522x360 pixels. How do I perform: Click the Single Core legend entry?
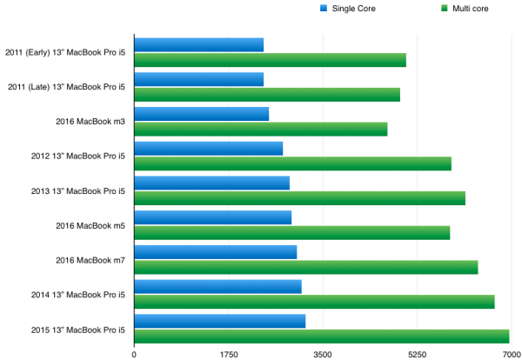coord(348,9)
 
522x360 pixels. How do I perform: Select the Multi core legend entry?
coord(465,9)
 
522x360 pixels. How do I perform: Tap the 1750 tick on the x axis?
coord(229,355)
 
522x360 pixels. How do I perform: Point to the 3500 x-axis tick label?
coord(323,355)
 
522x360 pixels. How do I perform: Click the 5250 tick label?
coord(417,355)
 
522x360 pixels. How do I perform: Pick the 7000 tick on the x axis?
coord(512,355)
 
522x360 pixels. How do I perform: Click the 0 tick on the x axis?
coord(134,355)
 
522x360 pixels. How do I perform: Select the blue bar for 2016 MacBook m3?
coord(202,114)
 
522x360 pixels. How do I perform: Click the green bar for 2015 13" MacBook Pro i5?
coord(322,337)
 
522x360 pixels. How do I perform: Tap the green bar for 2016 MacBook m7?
coord(306,267)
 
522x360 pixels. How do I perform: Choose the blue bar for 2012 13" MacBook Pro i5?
coord(209,149)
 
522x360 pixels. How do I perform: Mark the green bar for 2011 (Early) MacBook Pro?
coord(271,60)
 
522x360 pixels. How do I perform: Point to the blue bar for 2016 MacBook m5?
coord(213,217)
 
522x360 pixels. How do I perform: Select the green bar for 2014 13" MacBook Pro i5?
coord(315,302)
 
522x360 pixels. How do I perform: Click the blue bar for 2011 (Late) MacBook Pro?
coord(199,79)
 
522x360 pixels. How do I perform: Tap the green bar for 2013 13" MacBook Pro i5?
coord(300,198)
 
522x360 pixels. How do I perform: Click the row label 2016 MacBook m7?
coord(90,260)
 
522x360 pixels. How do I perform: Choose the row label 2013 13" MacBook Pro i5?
coord(78,191)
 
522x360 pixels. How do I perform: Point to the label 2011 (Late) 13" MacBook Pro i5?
coord(67,87)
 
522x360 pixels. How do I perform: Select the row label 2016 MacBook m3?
coord(90,122)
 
